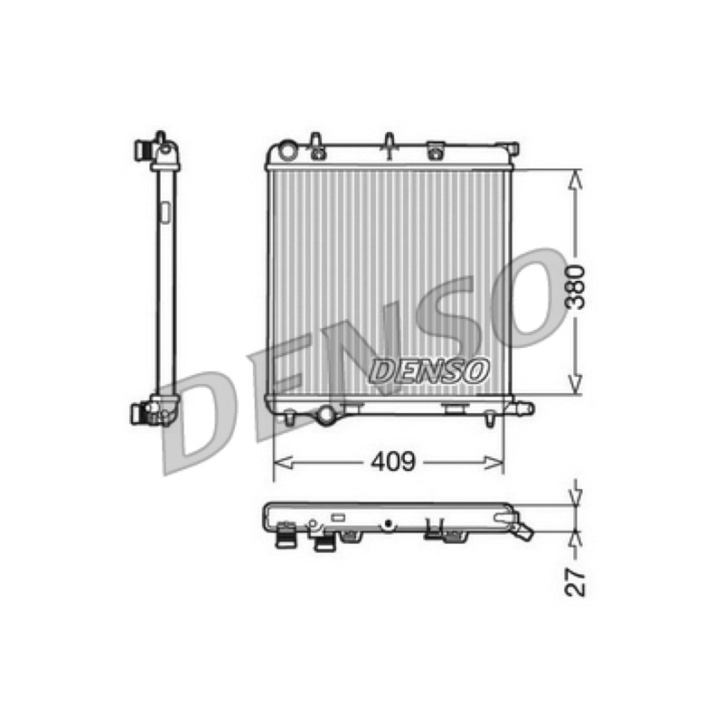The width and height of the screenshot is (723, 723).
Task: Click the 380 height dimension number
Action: [x=576, y=286]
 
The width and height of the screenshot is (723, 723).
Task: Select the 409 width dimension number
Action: [x=393, y=461]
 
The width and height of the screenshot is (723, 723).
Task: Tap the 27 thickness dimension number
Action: [x=576, y=582]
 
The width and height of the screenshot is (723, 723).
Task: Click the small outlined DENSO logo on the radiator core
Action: [x=428, y=371]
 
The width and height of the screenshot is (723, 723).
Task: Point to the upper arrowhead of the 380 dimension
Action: [x=575, y=180]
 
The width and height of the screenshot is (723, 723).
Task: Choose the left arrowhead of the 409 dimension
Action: [x=283, y=462]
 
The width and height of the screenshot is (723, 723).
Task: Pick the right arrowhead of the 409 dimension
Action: [x=493, y=462]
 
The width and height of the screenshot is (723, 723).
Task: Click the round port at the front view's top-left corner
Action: [x=287, y=150]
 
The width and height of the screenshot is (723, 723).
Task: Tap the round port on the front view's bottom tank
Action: [x=326, y=415]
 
